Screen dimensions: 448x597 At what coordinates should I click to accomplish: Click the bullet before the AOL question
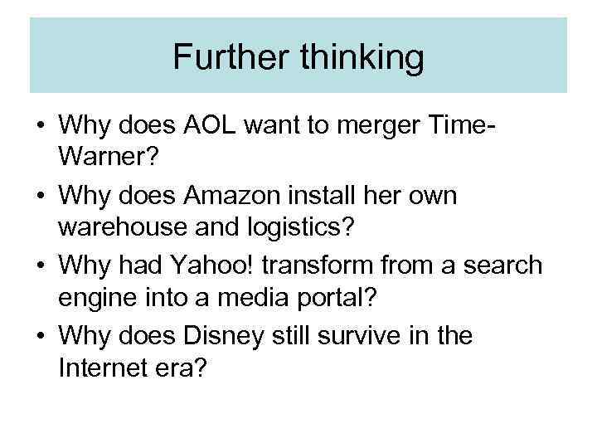pos(40,128)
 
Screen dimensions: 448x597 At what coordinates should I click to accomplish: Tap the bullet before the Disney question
pos(40,335)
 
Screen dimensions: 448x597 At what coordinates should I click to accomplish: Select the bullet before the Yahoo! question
pos(40,265)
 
